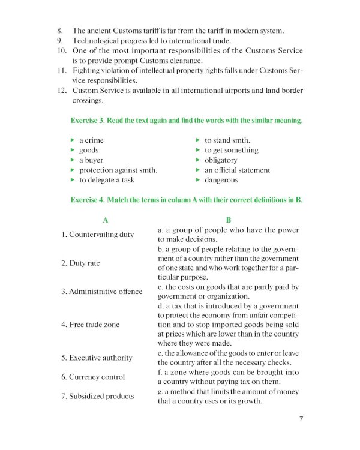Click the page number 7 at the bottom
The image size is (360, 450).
click(x=301, y=419)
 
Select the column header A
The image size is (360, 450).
click(x=106, y=220)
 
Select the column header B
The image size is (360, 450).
click(x=228, y=220)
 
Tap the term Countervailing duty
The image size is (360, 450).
click(x=97, y=235)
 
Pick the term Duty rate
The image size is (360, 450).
click(x=80, y=263)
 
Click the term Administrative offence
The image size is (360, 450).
click(x=101, y=292)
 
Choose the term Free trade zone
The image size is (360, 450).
click(x=90, y=325)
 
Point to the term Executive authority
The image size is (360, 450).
click(x=97, y=358)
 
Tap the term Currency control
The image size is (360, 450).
click(x=93, y=377)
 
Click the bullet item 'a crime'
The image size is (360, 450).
click(x=91, y=140)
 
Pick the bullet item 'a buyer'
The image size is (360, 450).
click(x=91, y=160)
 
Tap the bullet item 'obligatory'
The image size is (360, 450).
click(x=221, y=160)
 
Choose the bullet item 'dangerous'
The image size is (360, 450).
click(x=221, y=180)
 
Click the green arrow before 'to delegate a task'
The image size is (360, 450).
click(x=73, y=180)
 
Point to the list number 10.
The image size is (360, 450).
click(x=61, y=50)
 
